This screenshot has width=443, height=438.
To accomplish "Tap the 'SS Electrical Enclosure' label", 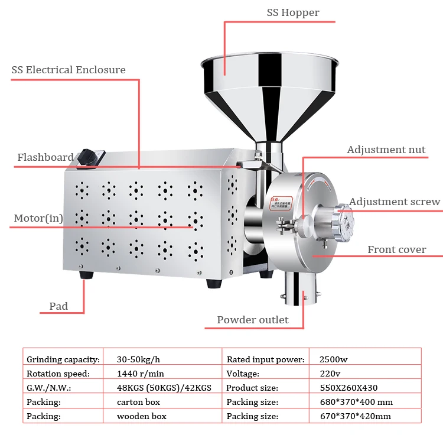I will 69,70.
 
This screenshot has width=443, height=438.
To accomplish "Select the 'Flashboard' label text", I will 45,158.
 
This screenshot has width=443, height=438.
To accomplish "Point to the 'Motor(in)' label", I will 38,218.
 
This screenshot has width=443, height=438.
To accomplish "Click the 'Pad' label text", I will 58,306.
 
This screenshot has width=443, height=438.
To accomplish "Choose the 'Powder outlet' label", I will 253,320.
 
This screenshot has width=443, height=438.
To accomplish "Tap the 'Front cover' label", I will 396,249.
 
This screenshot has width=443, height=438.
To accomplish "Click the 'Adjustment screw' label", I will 394,202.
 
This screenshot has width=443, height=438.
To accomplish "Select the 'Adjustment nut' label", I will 386,150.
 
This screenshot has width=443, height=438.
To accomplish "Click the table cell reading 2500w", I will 333,359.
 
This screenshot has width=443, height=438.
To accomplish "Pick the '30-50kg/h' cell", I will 138,359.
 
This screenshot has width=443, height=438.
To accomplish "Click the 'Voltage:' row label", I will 243,374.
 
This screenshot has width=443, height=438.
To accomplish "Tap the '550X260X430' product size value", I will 348,388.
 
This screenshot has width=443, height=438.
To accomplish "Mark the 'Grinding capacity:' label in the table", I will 63,359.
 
